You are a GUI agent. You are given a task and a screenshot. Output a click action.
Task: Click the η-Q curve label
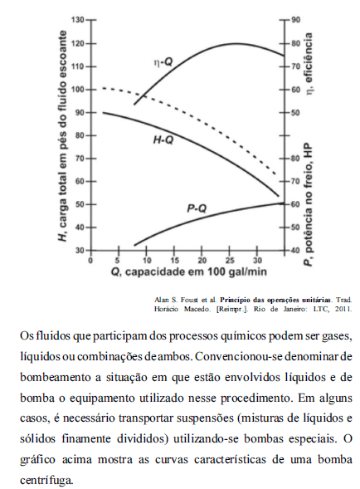click(x=163, y=62)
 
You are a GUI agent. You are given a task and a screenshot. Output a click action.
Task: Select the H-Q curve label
click(x=163, y=140)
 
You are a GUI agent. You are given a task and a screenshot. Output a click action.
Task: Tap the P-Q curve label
click(x=197, y=208)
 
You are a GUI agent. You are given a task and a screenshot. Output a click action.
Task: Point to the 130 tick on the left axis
click(x=78, y=20)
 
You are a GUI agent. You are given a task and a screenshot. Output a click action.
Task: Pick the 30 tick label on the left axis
click(x=80, y=251)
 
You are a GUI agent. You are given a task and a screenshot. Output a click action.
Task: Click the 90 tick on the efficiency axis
click(x=296, y=20)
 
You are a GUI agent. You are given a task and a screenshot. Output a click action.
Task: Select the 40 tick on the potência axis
click(x=296, y=251)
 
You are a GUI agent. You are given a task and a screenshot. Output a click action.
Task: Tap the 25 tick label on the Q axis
click(x=230, y=260)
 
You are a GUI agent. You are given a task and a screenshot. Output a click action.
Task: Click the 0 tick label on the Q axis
click(x=90, y=260)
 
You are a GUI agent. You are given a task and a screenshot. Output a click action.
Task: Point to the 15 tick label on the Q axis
click(x=174, y=260)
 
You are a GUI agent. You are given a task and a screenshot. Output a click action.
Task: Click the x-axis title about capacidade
click(x=189, y=272)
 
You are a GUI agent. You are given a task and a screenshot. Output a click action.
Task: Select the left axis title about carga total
click(x=63, y=136)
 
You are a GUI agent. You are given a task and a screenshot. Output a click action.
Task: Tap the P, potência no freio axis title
click(x=309, y=204)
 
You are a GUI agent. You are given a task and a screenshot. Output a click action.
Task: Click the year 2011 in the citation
click(x=345, y=310)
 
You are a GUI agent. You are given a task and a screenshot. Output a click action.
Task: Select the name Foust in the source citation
click(x=187, y=301)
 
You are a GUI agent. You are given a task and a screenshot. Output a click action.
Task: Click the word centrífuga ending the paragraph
click(x=47, y=480)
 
